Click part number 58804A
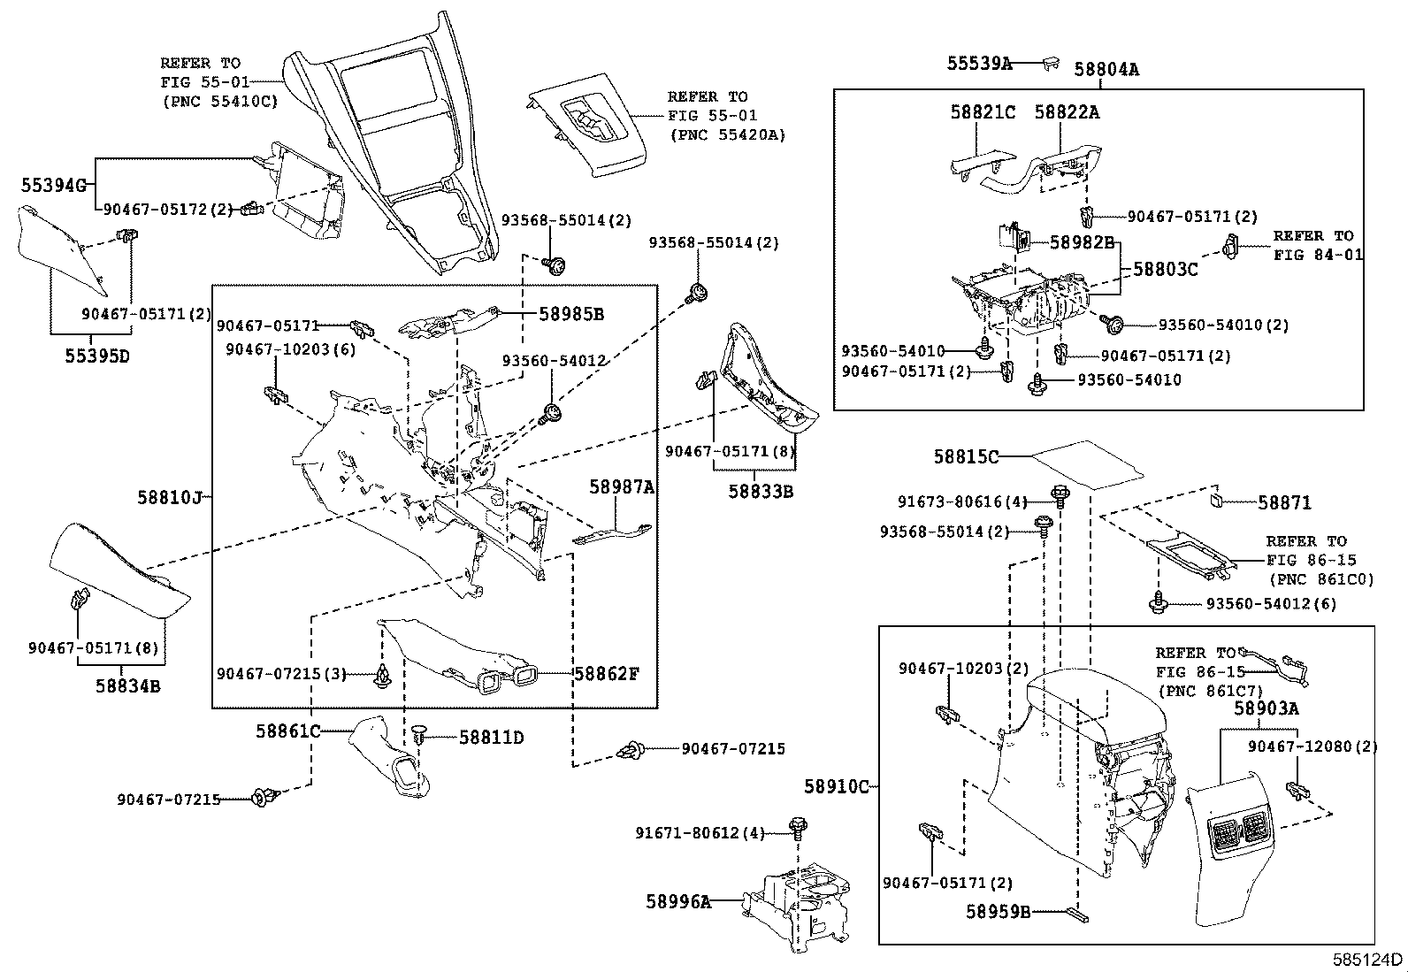(x=1106, y=68)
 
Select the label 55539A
(x=979, y=63)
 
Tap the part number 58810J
(x=170, y=497)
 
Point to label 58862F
(x=606, y=674)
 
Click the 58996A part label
(x=678, y=901)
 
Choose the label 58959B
(x=998, y=912)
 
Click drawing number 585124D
(x=1368, y=960)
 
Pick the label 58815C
(x=966, y=456)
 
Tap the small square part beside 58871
(x=1217, y=501)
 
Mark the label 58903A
(x=1266, y=708)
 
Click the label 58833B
(x=761, y=490)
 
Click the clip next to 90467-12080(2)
(x=1297, y=789)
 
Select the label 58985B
(x=571, y=313)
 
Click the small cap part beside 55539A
(x=1052, y=62)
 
